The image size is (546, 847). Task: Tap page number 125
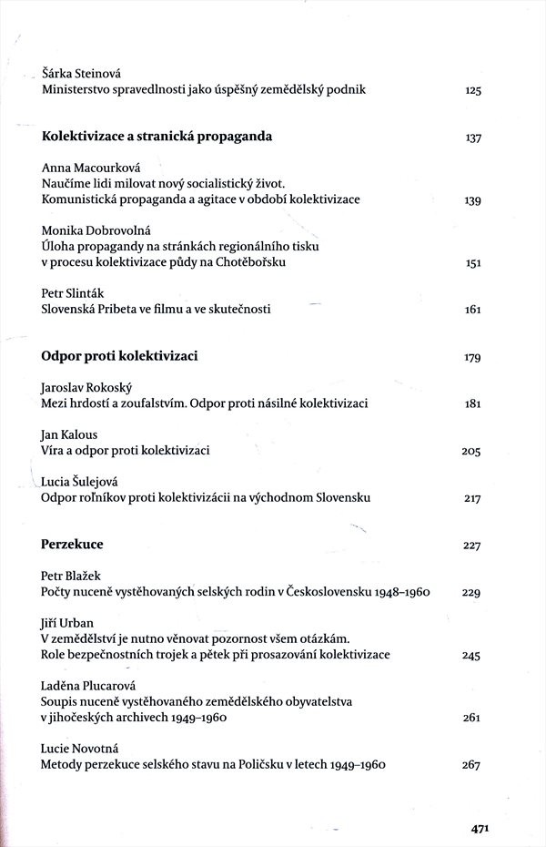[x=471, y=90]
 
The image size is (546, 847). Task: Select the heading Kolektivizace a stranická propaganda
[x=157, y=138]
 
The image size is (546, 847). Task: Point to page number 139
[x=471, y=200]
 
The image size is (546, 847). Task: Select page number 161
[x=471, y=310]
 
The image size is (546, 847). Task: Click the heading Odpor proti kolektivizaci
[x=119, y=356]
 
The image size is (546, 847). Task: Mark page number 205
[x=470, y=452]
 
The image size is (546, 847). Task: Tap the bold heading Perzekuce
[x=72, y=545]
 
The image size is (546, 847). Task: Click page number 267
[x=470, y=765]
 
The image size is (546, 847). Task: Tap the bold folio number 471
[x=481, y=829]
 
